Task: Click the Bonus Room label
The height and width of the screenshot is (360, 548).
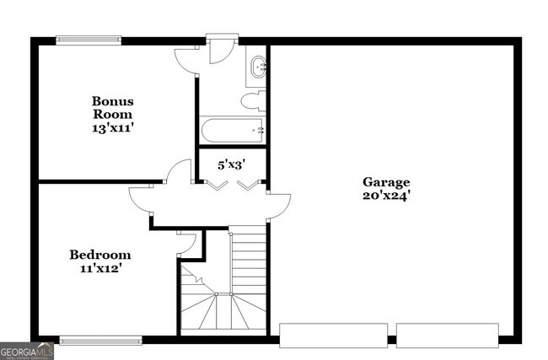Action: tap(113, 107)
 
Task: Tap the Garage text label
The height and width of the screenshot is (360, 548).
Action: tap(386, 182)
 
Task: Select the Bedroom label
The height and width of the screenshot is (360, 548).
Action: tap(99, 255)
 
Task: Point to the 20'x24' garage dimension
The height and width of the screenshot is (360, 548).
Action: tap(386, 196)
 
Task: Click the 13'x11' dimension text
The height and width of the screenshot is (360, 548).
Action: tap(113, 128)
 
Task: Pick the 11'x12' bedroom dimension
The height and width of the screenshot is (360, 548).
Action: tap(99, 269)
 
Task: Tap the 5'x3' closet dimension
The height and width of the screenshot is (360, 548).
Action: tap(232, 165)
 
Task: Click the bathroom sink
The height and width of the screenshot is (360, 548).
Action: tap(257, 66)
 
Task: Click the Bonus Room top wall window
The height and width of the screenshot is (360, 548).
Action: tap(89, 39)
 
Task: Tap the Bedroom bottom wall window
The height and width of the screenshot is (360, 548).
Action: tap(100, 341)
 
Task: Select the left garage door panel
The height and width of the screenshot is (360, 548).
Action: tap(333, 335)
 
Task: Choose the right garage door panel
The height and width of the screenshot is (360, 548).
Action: tap(449, 335)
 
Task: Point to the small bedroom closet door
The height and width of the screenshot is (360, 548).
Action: tap(187, 242)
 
